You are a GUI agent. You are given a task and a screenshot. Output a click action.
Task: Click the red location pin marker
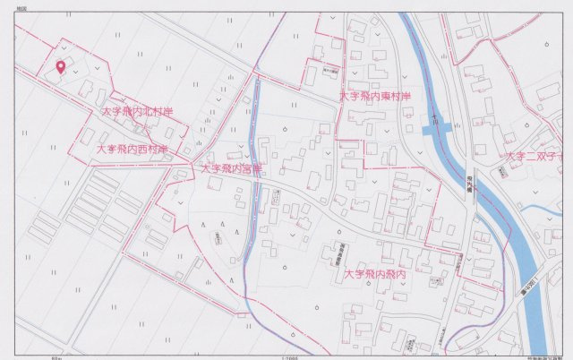[61, 66]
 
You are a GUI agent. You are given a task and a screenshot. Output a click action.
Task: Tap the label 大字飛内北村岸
[137, 113]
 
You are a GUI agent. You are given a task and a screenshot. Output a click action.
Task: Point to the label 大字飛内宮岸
[230, 168]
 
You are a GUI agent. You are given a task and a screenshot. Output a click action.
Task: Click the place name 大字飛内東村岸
[374, 96]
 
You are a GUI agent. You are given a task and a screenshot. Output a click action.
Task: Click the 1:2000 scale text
[287, 356]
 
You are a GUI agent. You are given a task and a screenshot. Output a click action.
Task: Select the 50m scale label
[56, 356]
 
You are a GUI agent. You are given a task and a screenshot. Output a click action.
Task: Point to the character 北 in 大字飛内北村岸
[143, 113]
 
